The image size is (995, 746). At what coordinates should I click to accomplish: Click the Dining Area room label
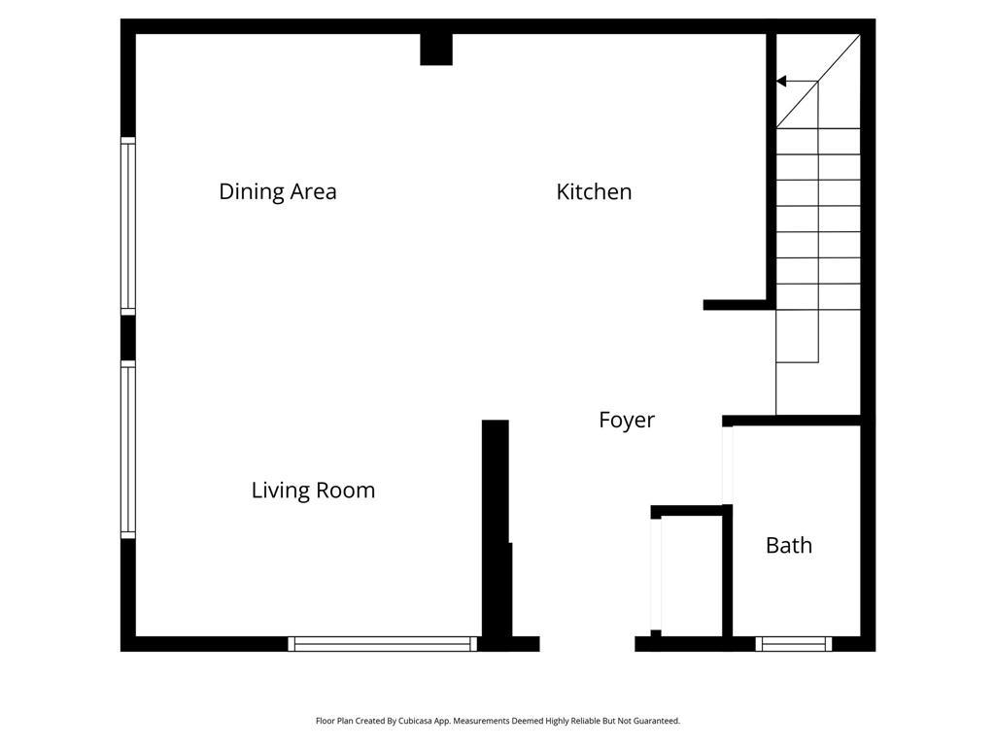(x=277, y=191)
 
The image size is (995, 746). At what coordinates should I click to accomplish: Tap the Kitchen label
(x=594, y=191)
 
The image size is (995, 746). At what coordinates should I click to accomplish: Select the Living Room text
(x=314, y=491)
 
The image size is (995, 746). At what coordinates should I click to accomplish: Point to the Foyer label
(x=627, y=420)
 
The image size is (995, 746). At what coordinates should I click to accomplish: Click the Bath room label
(x=789, y=546)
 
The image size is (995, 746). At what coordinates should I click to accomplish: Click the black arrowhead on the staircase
(x=781, y=82)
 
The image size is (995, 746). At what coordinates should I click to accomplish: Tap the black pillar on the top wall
(x=436, y=50)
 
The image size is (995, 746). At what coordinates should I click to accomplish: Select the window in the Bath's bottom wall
(x=794, y=644)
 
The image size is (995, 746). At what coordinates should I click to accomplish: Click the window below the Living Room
(x=383, y=644)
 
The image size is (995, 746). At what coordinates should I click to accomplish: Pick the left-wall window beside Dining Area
(x=128, y=225)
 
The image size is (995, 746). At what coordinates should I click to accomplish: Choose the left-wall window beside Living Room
(x=128, y=450)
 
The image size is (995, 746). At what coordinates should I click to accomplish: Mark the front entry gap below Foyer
(x=587, y=644)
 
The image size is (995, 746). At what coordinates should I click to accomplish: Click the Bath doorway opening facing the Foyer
(x=727, y=465)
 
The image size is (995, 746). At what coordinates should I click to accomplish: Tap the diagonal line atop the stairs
(x=818, y=82)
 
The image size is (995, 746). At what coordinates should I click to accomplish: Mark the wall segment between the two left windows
(x=128, y=337)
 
